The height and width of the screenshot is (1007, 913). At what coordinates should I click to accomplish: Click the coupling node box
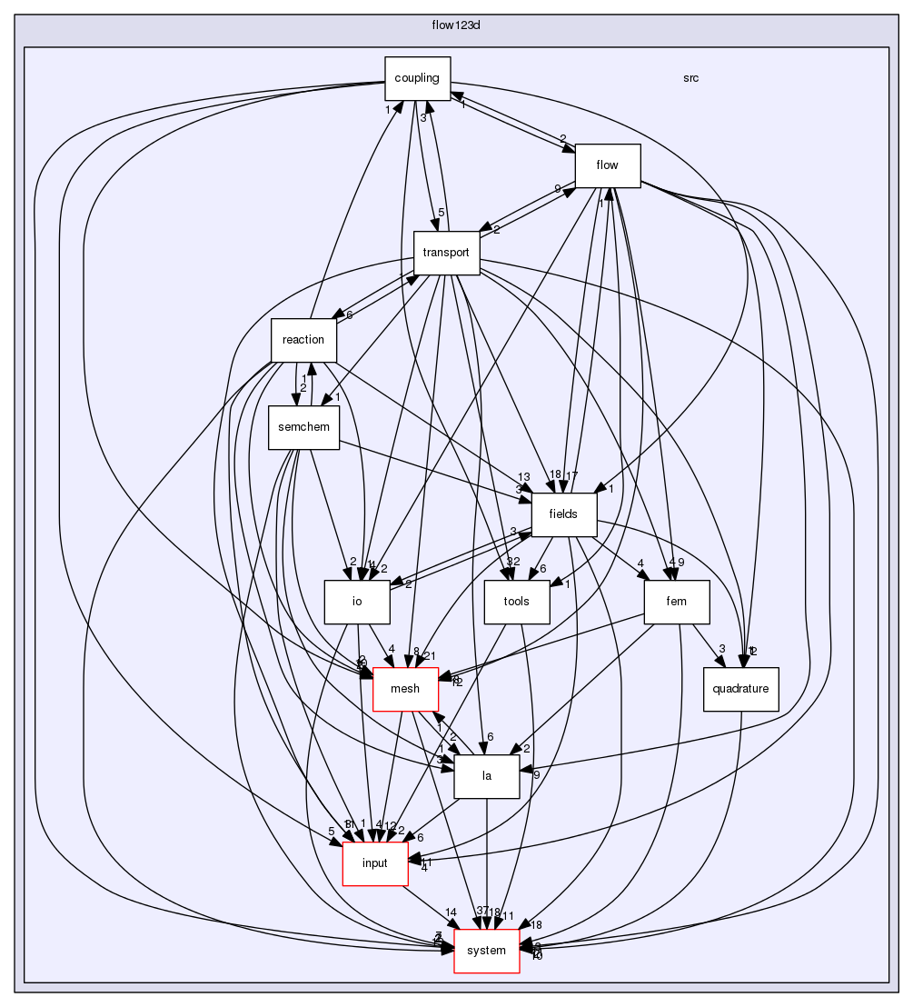coord(418,78)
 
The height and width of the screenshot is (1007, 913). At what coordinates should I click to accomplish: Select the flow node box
coord(608,165)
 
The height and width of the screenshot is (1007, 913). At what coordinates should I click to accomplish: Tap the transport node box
coord(446,254)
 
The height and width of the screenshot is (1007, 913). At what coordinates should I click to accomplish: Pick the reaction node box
coord(303,340)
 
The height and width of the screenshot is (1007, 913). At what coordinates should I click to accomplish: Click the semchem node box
coord(303,427)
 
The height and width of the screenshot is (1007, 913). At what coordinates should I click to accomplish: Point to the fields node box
coord(563,514)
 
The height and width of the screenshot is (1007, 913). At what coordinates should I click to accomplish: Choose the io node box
coord(357,602)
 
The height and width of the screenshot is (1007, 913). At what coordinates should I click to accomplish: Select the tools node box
coord(516,602)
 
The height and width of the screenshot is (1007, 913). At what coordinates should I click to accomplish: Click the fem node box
coord(676,602)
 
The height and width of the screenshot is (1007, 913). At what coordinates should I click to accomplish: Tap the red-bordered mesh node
coord(405,689)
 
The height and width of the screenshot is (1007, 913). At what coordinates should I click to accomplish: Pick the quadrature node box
coord(741,689)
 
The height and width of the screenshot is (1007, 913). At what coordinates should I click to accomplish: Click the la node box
coord(487,776)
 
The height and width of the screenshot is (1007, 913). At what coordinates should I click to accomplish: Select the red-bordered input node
coord(373,863)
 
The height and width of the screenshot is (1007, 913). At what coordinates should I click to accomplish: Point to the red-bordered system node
coord(486,951)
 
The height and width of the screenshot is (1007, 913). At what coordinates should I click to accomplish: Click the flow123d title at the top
coord(455,25)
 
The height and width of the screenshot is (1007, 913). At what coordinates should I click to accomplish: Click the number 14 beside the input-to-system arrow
coord(451,912)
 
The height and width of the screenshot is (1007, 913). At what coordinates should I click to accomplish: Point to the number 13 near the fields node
coord(524,477)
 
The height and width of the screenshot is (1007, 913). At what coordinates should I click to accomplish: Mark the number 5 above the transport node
coord(441,213)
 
